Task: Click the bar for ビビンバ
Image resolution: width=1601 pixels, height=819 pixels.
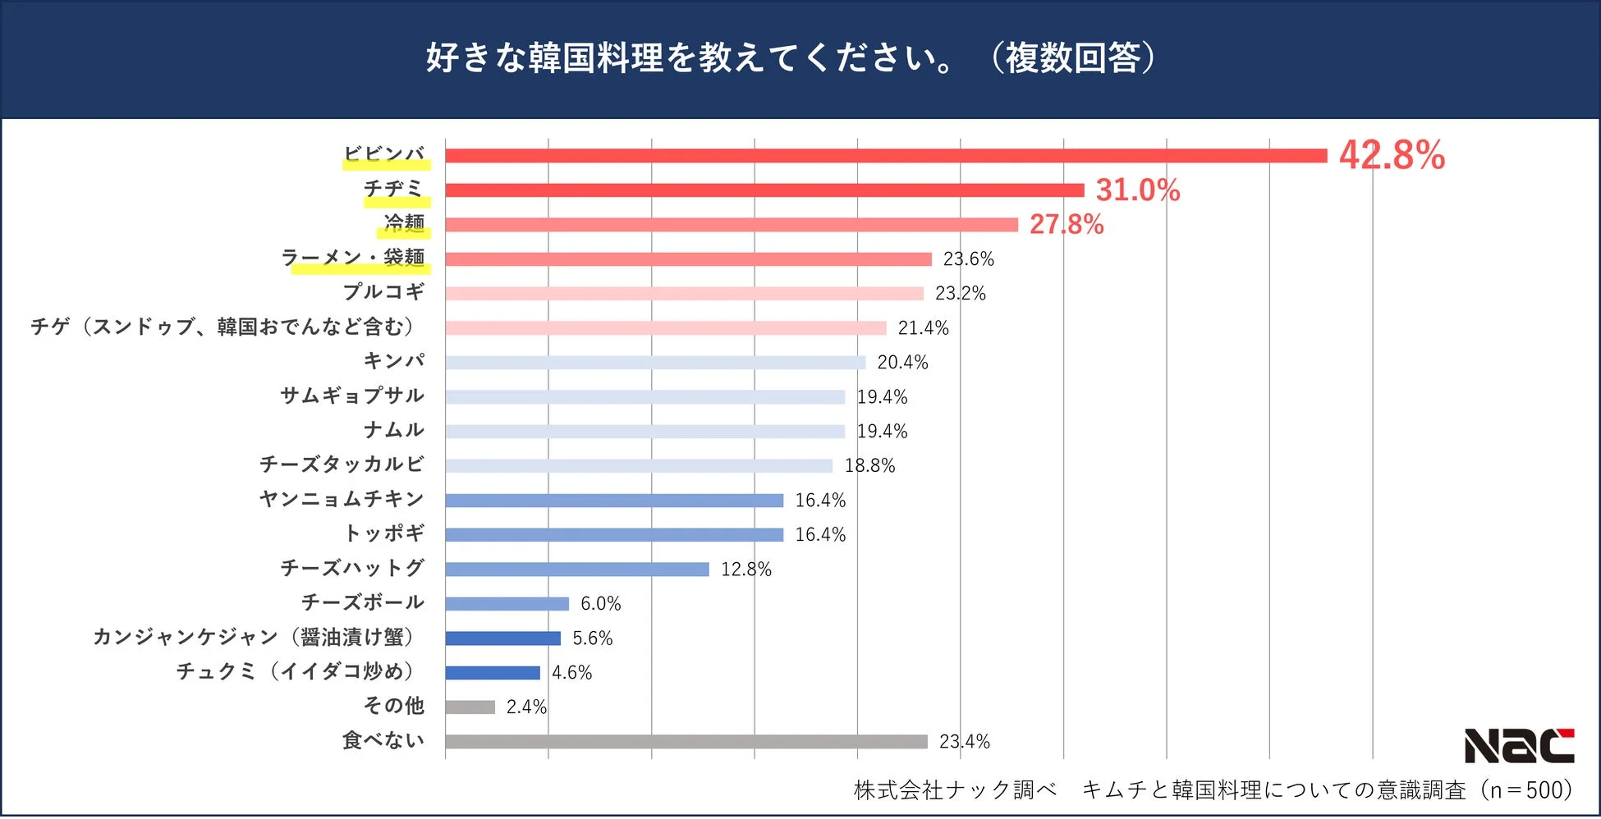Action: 885,156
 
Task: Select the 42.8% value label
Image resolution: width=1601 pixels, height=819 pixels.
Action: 1392,155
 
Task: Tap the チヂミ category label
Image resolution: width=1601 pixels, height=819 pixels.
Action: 393,189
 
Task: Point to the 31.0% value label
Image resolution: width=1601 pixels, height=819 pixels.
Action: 1137,190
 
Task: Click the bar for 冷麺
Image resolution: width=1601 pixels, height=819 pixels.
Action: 731,225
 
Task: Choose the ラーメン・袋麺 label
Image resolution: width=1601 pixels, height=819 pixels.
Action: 353,258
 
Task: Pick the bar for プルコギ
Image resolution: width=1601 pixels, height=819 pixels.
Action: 684,294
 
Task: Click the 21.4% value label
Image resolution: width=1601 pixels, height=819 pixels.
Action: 923,328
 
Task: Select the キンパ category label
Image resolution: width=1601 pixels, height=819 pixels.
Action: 394,361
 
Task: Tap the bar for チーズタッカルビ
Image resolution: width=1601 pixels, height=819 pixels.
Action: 639,466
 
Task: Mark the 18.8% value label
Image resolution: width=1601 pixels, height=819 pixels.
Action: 869,466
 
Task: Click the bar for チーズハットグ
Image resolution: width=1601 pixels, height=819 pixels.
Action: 576,570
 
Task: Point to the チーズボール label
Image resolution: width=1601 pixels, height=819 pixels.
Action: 363,602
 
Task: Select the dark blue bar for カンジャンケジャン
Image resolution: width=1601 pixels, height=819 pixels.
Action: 502,638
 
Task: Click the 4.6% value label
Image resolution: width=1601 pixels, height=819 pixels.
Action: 571,673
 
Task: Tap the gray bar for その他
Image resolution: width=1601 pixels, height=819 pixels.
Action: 470,707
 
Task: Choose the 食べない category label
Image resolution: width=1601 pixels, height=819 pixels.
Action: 383,740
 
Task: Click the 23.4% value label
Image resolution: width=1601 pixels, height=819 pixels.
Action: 964,742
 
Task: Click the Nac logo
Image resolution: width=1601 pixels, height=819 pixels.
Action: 1519,745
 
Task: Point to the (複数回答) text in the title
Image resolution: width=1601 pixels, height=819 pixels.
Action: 1072,58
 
